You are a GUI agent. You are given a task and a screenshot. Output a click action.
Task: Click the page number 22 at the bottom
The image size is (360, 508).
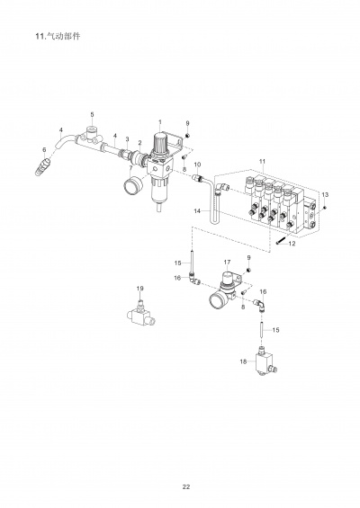click(x=185, y=486)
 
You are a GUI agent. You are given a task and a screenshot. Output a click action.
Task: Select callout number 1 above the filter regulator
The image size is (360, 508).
click(x=159, y=122)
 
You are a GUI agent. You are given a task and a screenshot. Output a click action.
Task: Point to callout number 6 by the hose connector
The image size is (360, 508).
click(x=44, y=148)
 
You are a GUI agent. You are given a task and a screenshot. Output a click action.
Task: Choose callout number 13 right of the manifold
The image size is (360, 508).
click(x=326, y=194)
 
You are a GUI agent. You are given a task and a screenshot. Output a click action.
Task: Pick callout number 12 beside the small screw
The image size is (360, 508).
click(x=292, y=244)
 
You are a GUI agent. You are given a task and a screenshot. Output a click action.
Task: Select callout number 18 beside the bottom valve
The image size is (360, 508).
click(x=242, y=361)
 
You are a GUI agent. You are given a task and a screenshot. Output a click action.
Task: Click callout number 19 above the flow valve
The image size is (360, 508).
click(x=139, y=288)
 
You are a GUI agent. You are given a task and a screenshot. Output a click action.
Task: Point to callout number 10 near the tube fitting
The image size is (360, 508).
click(x=198, y=165)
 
